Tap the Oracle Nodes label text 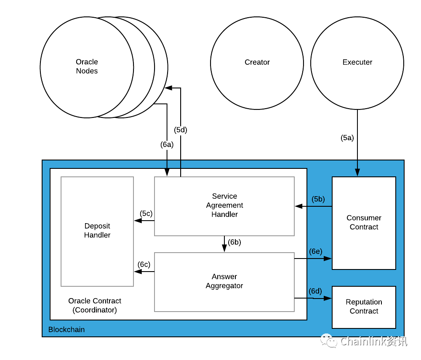87,66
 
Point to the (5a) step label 347,138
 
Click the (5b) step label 318,199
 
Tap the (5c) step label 146,213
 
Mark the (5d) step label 181,130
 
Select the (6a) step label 167,144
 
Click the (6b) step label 234,242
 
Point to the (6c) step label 144,264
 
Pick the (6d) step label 315,291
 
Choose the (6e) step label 315,251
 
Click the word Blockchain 67,329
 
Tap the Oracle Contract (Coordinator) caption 94,305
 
